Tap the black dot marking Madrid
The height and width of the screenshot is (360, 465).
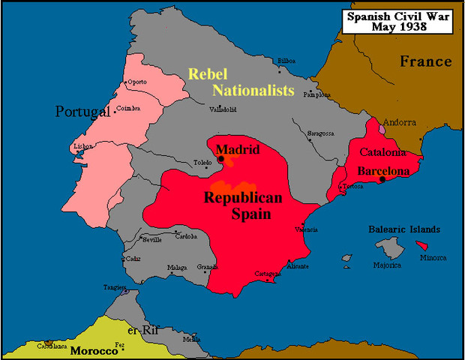220,159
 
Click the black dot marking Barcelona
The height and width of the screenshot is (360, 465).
382,180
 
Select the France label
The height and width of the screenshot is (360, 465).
425,61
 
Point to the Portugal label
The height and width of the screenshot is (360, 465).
83,112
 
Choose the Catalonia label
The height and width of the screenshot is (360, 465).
383,152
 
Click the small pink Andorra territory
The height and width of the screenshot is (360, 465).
382,129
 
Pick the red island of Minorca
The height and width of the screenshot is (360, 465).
423,245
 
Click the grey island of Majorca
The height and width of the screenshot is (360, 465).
389,248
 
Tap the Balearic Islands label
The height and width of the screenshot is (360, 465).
404,229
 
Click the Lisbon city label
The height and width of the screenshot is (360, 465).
82,146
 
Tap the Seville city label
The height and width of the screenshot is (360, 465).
151,239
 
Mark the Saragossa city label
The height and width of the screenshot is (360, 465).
321,133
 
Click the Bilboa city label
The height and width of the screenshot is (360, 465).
286,60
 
